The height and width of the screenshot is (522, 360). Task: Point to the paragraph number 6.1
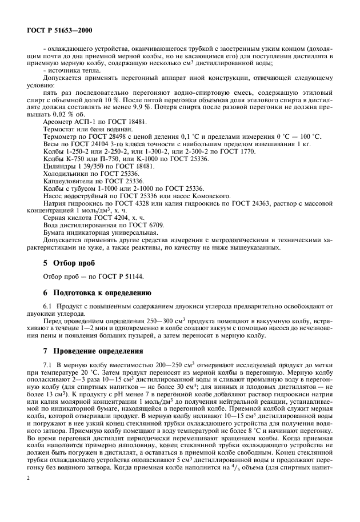pos(48,307)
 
